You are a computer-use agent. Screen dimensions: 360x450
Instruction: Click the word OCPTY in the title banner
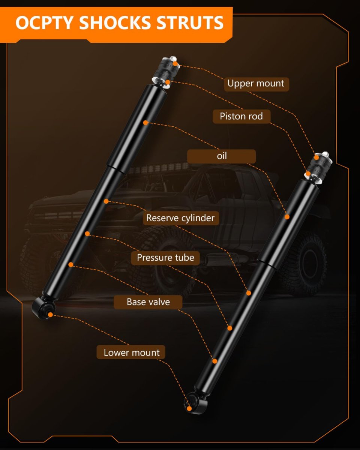pyautogui.click(x=44, y=23)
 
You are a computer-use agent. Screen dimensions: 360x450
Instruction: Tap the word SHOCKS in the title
pyautogui.click(x=115, y=23)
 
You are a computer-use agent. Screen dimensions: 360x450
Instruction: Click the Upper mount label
pyautogui.click(x=256, y=84)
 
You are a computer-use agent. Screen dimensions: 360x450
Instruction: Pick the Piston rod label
pyautogui.click(x=241, y=116)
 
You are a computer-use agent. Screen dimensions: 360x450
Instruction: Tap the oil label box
pyautogui.click(x=221, y=156)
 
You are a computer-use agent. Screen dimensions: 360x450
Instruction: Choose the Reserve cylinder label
pyautogui.click(x=181, y=218)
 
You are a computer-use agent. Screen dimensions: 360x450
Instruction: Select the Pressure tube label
pyautogui.click(x=165, y=258)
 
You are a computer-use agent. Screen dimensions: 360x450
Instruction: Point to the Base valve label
pyautogui.click(x=148, y=302)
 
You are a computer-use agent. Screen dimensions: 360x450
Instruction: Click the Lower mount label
pyautogui.click(x=131, y=352)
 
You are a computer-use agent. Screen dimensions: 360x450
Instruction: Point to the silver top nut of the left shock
pyautogui.click(x=173, y=58)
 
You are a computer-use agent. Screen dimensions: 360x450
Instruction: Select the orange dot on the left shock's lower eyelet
pyautogui.click(x=50, y=315)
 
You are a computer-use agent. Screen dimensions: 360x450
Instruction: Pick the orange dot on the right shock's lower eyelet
pyautogui.click(x=189, y=408)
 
